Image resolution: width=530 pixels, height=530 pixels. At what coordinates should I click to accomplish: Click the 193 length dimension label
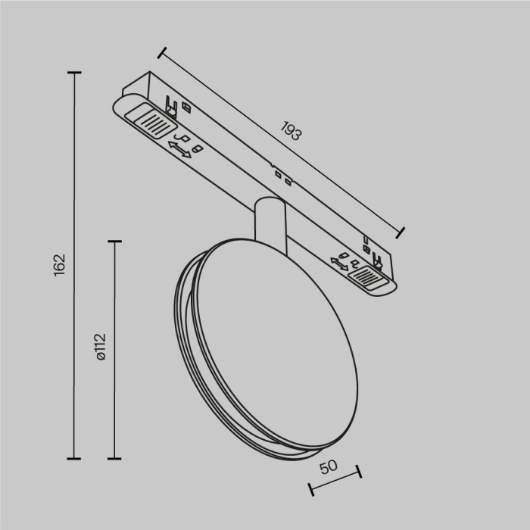point(290,133)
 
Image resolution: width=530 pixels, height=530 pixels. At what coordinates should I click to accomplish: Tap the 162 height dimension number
point(61,264)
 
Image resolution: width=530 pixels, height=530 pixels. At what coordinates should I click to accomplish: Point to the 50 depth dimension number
point(328,467)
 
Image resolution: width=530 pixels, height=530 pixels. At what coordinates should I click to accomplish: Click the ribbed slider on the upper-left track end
point(151,120)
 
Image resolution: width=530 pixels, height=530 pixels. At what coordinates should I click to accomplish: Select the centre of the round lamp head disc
point(258,344)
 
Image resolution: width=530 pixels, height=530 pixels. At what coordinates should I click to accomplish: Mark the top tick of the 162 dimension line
point(73,73)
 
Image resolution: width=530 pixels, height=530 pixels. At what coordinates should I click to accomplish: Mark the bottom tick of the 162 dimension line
point(73,458)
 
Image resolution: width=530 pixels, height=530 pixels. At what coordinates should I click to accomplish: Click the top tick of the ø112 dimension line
point(115,242)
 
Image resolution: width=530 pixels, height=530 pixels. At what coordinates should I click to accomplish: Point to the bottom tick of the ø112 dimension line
point(115,458)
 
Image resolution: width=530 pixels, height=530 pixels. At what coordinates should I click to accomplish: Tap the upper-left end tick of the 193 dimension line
point(161,53)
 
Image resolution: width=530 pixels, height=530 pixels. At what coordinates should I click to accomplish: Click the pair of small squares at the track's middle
point(282,177)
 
